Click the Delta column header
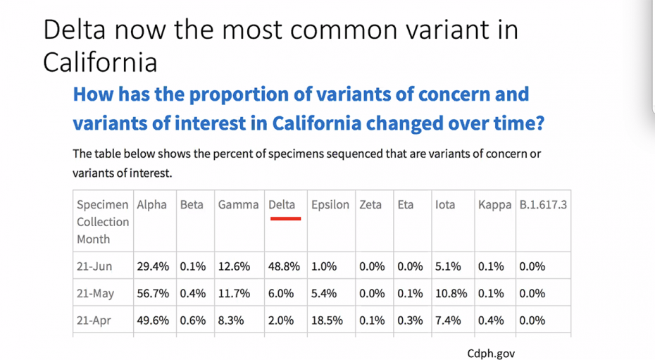click(282, 204)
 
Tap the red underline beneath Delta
click(285, 218)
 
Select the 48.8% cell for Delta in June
click(284, 266)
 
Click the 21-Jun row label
click(94, 266)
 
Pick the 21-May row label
click(95, 294)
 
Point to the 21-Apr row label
click(94, 321)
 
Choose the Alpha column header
click(151, 204)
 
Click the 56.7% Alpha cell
click(153, 294)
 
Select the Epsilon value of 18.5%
click(327, 321)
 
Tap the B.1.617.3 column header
click(543, 204)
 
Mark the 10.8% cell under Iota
click(451, 294)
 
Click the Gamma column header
click(238, 204)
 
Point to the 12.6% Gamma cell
click(234, 266)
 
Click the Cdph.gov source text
click(491, 354)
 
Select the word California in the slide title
click(100, 63)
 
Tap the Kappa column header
click(494, 205)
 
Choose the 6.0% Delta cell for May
click(281, 294)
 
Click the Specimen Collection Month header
click(103, 222)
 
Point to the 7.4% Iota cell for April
click(448, 321)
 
